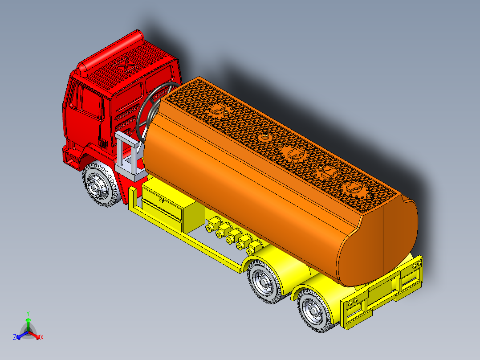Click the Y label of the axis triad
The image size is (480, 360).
pyautogui.click(x=28, y=313)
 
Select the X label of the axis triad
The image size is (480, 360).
pyautogui.click(x=42, y=337)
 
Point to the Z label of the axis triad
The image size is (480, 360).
pyautogui.click(x=15, y=337)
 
